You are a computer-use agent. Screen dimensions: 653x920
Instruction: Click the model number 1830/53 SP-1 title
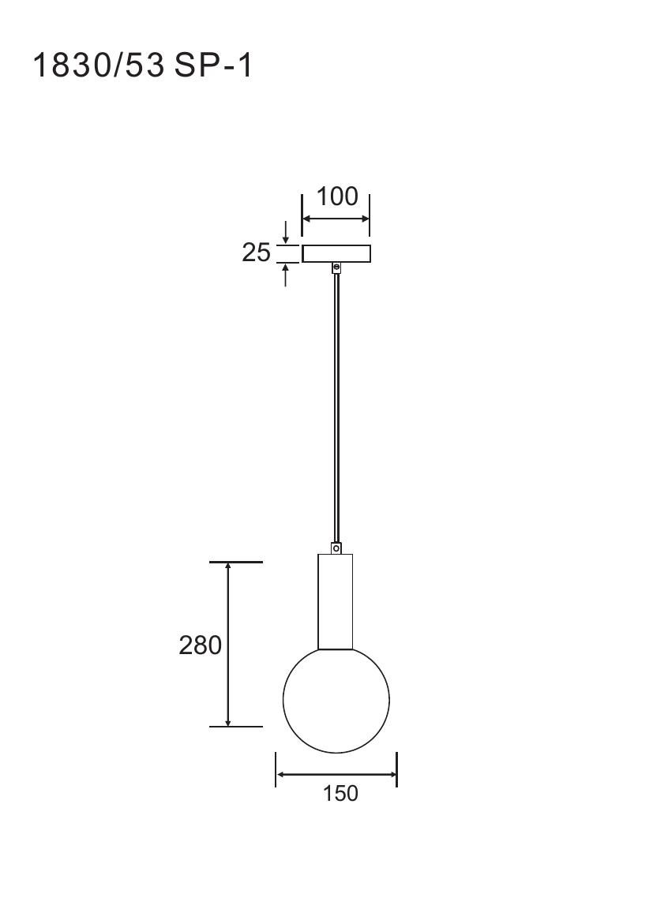[143, 65]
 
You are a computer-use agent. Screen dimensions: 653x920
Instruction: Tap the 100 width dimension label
[337, 196]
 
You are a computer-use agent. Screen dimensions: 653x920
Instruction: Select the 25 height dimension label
[256, 253]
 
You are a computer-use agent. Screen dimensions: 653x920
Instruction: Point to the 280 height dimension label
[201, 645]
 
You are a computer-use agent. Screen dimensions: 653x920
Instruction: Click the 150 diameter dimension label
[340, 793]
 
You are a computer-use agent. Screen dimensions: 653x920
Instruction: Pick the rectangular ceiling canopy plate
[336, 253]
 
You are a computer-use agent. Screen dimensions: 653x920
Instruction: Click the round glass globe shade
[336, 699]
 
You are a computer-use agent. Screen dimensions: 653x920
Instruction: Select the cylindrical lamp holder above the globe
[336, 601]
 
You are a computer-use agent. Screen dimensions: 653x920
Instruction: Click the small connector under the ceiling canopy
[336, 267]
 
